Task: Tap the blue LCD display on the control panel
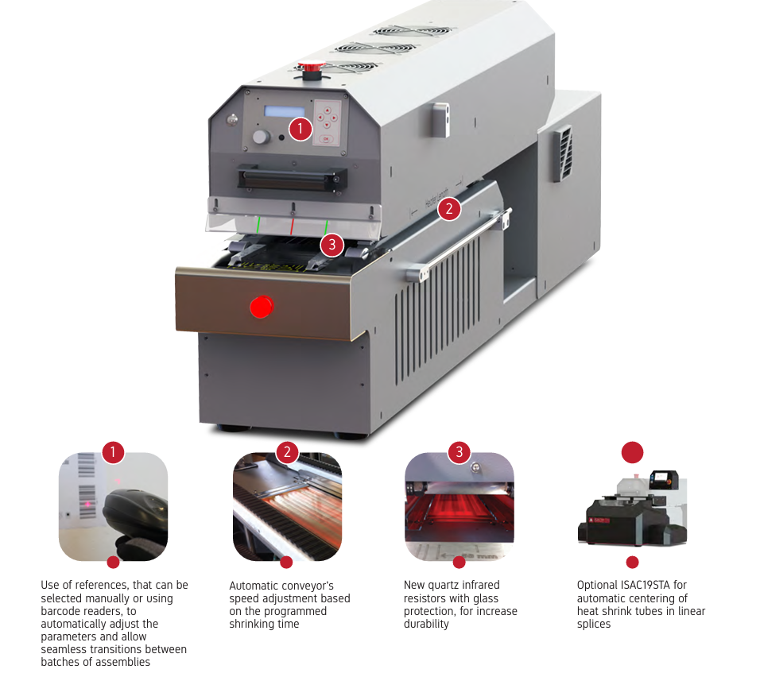point(284,111)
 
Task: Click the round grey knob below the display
point(261,137)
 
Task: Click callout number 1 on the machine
point(300,129)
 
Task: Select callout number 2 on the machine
point(449,209)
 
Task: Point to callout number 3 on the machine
point(332,245)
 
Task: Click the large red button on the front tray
point(262,306)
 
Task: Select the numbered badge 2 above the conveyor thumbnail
point(287,453)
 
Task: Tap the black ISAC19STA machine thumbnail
point(632,508)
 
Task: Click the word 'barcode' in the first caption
point(61,611)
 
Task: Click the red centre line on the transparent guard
point(293,226)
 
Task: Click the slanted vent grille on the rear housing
point(563,153)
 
